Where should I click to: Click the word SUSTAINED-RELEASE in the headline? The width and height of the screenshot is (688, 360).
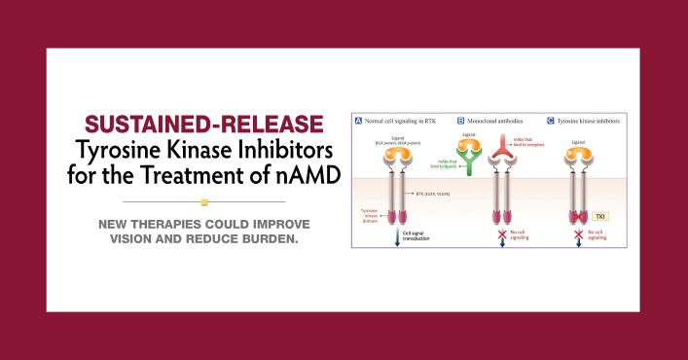204,126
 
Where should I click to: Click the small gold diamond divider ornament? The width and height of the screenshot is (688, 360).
204,202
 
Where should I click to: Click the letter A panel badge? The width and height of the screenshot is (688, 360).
358,120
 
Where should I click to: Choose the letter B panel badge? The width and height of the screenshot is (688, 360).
460,120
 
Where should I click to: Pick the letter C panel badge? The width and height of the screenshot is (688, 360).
551,120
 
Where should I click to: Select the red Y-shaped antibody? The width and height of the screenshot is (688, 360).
502,146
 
